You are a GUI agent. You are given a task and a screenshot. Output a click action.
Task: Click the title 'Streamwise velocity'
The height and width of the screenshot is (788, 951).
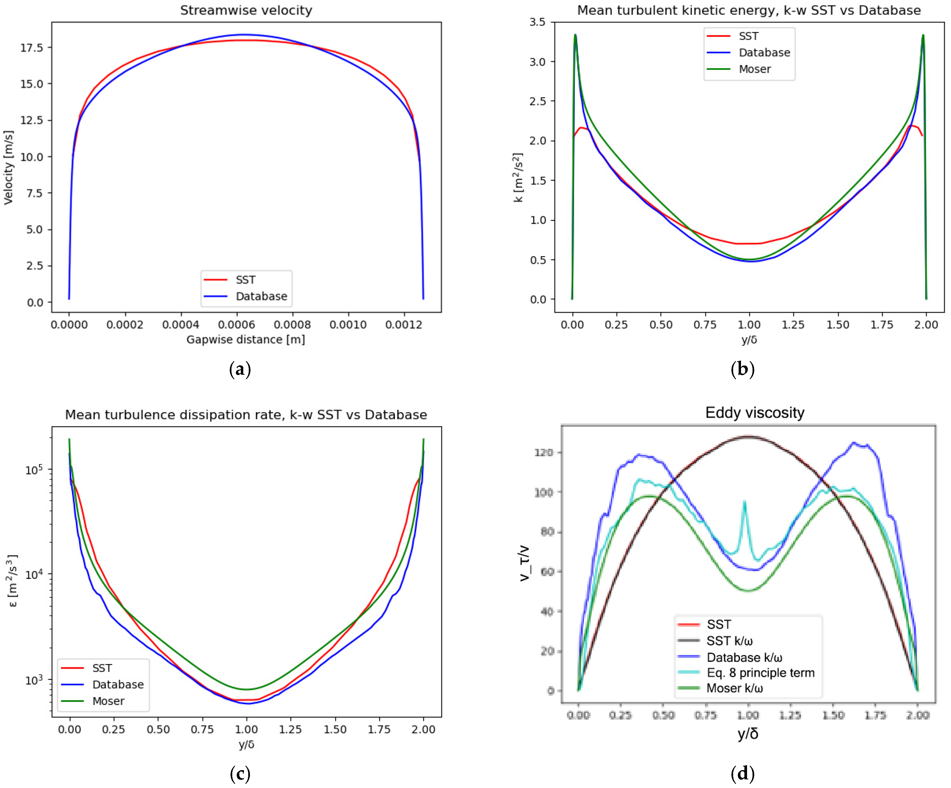[x=246, y=10]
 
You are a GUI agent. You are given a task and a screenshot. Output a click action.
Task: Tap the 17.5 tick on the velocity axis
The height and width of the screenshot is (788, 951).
[x=32, y=48]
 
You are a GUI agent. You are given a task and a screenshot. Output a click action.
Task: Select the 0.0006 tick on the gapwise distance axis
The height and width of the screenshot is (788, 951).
[x=236, y=324]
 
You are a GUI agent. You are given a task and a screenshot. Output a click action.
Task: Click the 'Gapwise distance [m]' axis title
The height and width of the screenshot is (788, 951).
[x=246, y=339]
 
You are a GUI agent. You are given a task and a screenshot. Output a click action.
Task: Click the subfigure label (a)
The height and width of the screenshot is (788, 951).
[x=240, y=369]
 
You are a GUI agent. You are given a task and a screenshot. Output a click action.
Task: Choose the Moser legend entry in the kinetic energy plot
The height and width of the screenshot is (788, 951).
[x=754, y=69]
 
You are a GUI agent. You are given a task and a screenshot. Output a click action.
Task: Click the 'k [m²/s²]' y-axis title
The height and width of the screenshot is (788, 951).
[x=518, y=178]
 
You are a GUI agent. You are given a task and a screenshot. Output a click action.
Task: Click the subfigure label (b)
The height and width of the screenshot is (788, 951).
[x=743, y=369]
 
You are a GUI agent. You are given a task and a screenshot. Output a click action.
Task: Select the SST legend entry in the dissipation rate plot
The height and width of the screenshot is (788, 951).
[x=102, y=668]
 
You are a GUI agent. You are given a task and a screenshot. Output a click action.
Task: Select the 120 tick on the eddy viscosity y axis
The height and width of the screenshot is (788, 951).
[x=543, y=452]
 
